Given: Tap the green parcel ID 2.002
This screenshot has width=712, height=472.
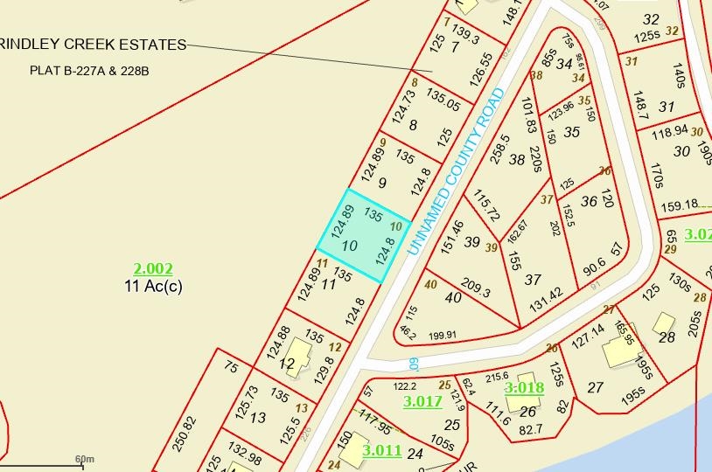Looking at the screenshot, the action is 153,269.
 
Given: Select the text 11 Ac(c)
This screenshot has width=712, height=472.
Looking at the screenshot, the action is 153,286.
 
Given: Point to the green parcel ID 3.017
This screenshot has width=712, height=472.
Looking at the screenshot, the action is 422,402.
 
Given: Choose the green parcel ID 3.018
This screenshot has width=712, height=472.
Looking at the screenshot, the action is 524,387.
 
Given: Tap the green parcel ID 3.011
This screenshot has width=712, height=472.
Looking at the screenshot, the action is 382,451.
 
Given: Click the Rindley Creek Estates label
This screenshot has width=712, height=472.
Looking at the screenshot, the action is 94,45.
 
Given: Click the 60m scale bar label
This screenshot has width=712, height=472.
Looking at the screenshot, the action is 84,458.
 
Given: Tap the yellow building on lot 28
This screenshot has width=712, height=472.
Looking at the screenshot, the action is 665,322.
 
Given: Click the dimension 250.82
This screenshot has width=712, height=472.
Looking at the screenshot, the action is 185,431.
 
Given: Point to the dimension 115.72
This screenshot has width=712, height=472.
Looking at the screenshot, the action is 486,205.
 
